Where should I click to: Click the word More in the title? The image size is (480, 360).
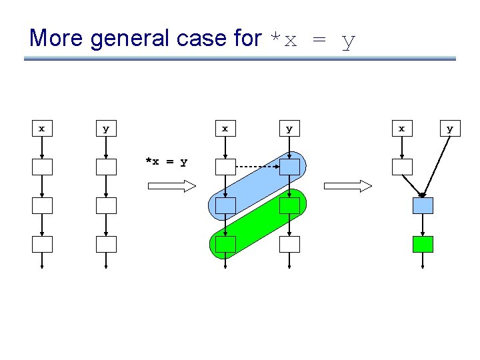[56, 38]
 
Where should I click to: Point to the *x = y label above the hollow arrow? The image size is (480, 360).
[166, 161]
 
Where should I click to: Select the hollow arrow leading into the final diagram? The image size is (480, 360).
[347, 186]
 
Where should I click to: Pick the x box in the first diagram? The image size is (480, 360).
[42, 128]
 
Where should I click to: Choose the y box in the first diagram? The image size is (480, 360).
[105, 128]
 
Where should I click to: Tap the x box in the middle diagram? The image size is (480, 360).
[225, 128]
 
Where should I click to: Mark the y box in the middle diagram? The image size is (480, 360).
[289, 128]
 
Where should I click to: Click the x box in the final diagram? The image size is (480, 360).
[401, 128]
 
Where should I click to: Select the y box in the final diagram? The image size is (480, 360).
[450, 128]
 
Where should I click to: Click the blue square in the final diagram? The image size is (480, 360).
[423, 205]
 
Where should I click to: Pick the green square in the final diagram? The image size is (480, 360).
[423, 244]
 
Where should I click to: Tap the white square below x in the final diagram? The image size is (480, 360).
[401, 167]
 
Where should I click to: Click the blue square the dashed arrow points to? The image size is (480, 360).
[289, 167]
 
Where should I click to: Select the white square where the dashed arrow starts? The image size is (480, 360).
[225, 167]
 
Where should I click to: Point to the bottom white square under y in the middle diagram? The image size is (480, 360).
[289, 244]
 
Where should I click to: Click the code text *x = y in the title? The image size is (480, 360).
[311, 40]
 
